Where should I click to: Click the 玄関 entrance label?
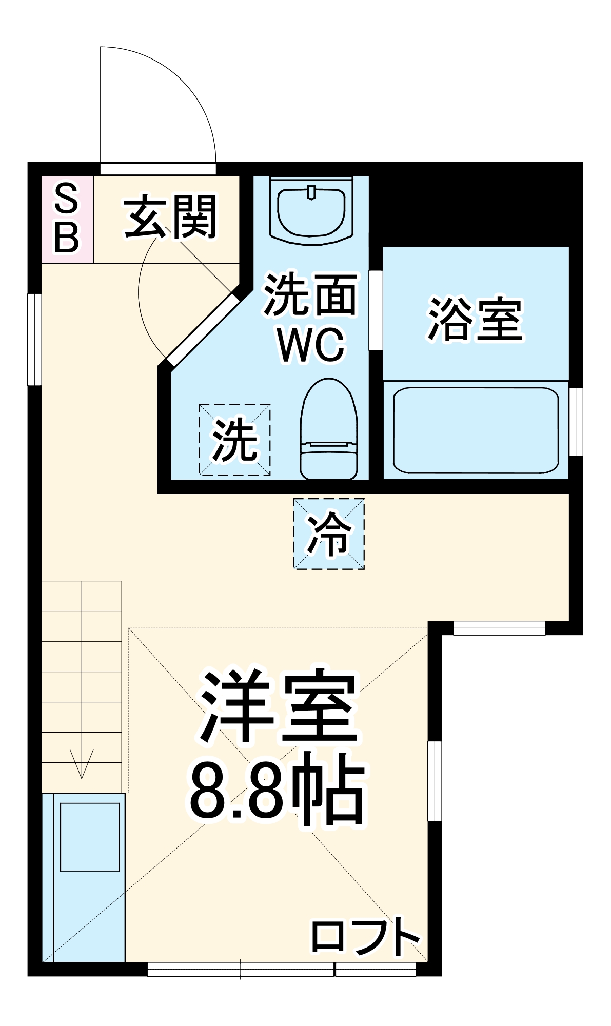(x=170, y=217)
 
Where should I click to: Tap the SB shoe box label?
(x=67, y=219)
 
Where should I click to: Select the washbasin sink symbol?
(x=311, y=211)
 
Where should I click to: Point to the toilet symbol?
(x=328, y=430)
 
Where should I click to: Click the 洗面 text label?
(x=310, y=294)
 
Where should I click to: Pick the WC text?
(x=311, y=344)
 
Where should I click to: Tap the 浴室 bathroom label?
(x=475, y=319)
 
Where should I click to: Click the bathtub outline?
(x=475, y=430)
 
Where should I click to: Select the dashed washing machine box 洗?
(x=235, y=440)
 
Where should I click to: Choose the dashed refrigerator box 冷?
(x=329, y=534)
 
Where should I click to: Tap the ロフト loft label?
(x=365, y=937)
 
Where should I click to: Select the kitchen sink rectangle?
(x=90, y=837)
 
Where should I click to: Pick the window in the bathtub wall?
(x=576, y=422)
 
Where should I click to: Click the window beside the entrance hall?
(x=34, y=339)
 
